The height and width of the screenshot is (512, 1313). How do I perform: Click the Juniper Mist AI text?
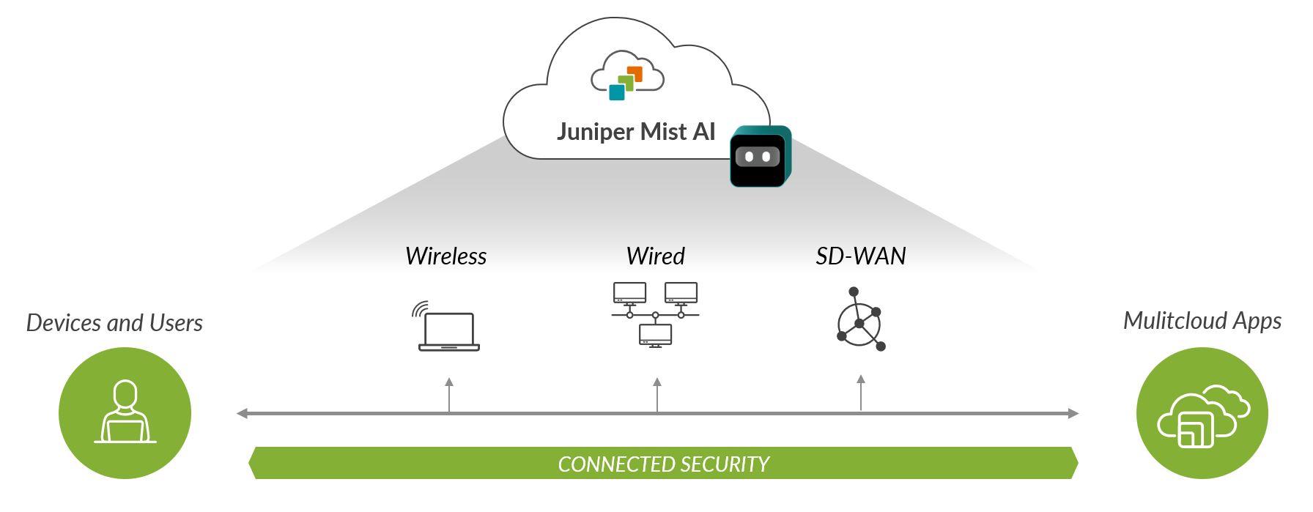tap(635, 132)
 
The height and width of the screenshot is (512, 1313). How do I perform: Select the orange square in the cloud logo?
tap(635, 74)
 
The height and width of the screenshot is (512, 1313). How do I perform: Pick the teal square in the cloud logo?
tap(617, 92)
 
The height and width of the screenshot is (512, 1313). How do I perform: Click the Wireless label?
tap(445, 256)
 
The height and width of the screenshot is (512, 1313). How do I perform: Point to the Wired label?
tap(655, 256)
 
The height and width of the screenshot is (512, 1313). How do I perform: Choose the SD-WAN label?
tap(861, 256)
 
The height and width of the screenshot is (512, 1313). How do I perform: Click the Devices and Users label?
tap(114, 323)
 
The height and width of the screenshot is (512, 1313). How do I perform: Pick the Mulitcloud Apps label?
tap(1202, 321)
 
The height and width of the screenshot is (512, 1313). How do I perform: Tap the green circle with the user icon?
tap(125, 413)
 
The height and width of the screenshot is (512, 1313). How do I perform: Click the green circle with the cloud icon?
tap(1202, 413)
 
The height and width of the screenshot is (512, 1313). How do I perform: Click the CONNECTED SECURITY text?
tap(663, 464)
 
